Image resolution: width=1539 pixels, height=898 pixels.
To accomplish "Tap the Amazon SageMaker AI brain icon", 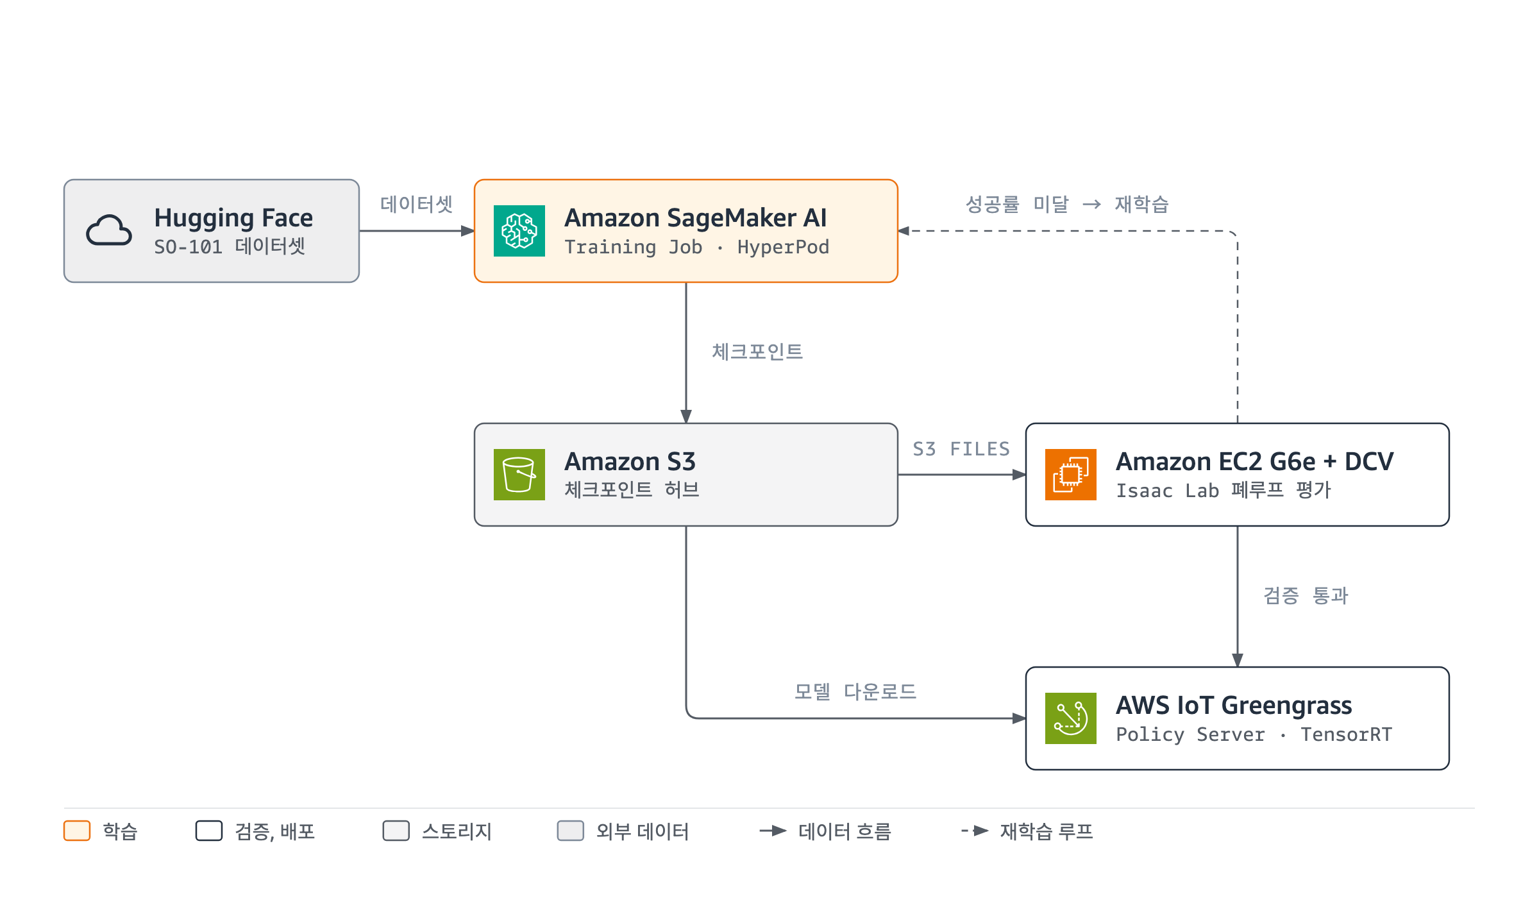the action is [519, 231].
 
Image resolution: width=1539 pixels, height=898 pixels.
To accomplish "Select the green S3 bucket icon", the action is [519, 475].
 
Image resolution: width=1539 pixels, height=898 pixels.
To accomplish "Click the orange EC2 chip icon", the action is [1071, 475].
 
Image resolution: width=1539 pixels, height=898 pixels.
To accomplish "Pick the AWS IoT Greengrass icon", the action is [1071, 718].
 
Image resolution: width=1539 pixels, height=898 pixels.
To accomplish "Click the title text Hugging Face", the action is [233, 219].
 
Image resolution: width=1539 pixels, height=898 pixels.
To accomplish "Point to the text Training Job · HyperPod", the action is [696, 247].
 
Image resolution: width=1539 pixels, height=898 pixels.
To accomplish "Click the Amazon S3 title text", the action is [630, 462].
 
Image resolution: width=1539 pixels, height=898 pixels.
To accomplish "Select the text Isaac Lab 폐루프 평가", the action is [1224, 491].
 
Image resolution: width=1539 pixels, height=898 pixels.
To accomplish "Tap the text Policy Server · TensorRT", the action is [1254, 734].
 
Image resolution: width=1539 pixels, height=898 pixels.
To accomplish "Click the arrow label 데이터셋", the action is [417, 204].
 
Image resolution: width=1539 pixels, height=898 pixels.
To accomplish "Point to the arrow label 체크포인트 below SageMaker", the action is [757, 352].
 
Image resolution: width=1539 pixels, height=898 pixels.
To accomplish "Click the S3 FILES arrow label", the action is [961, 449].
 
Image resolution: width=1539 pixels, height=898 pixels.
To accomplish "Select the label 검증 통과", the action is [1306, 595].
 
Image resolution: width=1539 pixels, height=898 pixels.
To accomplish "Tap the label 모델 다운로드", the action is [855, 691].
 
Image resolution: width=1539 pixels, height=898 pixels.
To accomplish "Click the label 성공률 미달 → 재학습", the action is [1068, 204].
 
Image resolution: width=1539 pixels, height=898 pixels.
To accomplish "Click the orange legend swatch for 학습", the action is [77, 831].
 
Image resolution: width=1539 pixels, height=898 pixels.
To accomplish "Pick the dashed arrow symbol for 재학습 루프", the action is [975, 831].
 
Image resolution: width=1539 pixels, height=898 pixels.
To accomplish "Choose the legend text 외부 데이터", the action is [643, 831].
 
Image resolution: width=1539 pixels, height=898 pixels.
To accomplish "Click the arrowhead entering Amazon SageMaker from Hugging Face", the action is [468, 231].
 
